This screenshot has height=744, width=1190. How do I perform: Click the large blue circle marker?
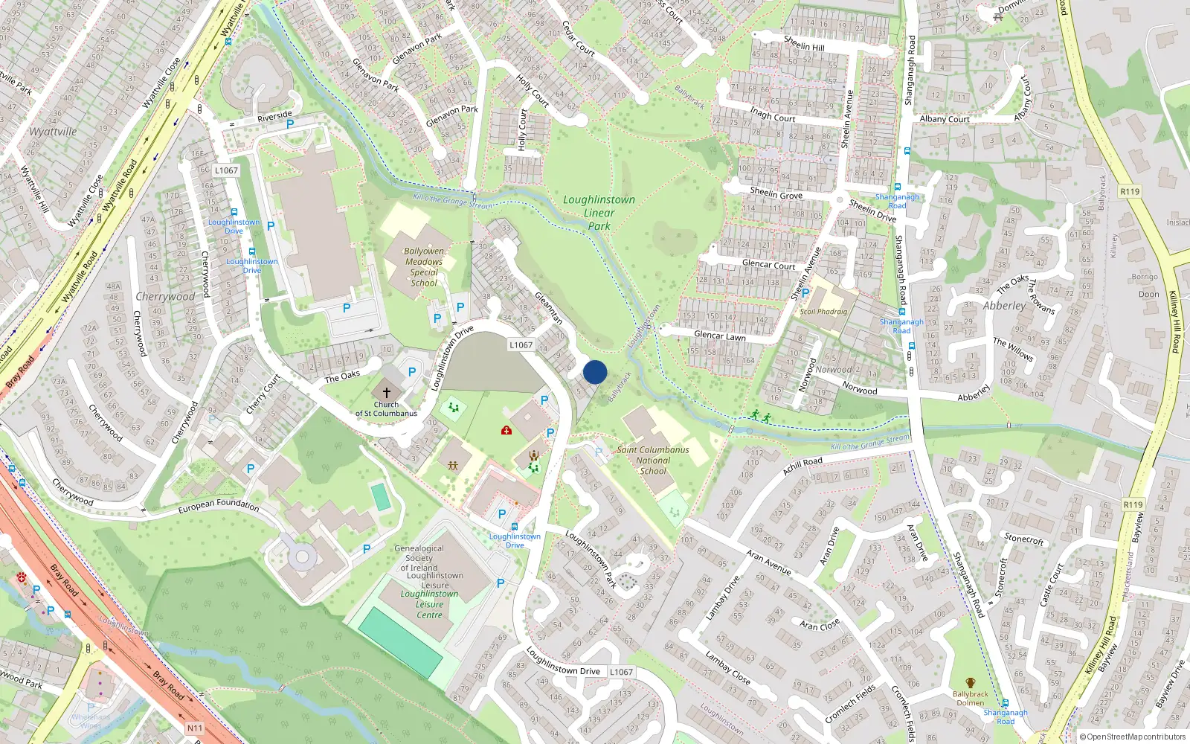[x=595, y=372]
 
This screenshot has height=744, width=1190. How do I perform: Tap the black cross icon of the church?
[x=386, y=392]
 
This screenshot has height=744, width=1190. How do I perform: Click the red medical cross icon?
[x=506, y=430]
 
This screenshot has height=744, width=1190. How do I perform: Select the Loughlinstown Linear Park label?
[x=599, y=213]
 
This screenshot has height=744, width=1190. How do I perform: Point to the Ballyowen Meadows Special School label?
[x=424, y=267]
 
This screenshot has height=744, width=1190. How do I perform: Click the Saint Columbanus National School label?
[x=653, y=460]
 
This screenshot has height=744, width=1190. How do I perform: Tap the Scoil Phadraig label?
[x=823, y=312]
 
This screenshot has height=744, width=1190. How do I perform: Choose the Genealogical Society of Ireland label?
[x=419, y=558]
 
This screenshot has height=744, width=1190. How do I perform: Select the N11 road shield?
[x=194, y=728]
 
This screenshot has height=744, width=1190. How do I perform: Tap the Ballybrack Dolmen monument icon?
[x=970, y=683]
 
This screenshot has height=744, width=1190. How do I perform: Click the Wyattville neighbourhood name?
[x=53, y=132]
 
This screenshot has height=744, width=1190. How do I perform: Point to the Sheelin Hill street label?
[x=803, y=43]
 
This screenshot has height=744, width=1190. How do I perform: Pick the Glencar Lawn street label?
[x=719, y=336]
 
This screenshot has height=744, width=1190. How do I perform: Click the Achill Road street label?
[x=803, y=466]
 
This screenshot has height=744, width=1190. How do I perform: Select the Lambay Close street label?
[x=727, y=668]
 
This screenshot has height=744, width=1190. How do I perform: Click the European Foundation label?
[x=219, y=506]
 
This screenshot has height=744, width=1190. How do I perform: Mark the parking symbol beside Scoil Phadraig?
[x=805, y=293]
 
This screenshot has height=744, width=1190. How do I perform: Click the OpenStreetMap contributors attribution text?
[x=1136, y=737]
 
